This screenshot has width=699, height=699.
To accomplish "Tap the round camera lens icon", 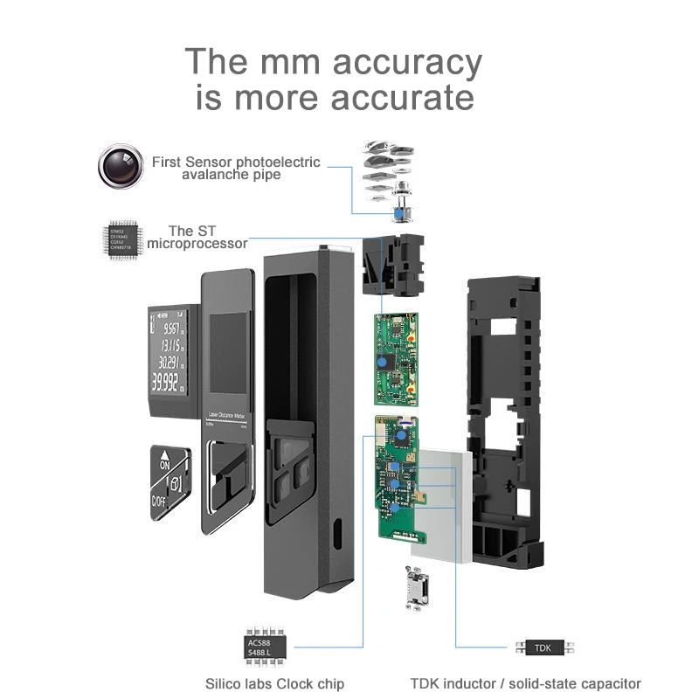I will click(x=121, y=165).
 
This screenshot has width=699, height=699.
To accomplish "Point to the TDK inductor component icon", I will click(x=544, y=647).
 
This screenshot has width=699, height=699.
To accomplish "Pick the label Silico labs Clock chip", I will click(x=274, y=683).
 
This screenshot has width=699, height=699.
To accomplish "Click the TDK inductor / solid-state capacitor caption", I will click(x=526, y=683).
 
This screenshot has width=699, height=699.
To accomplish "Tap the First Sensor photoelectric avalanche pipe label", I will click(x=236, y=168).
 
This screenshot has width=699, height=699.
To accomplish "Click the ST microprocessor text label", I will click(x=197, y=237).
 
